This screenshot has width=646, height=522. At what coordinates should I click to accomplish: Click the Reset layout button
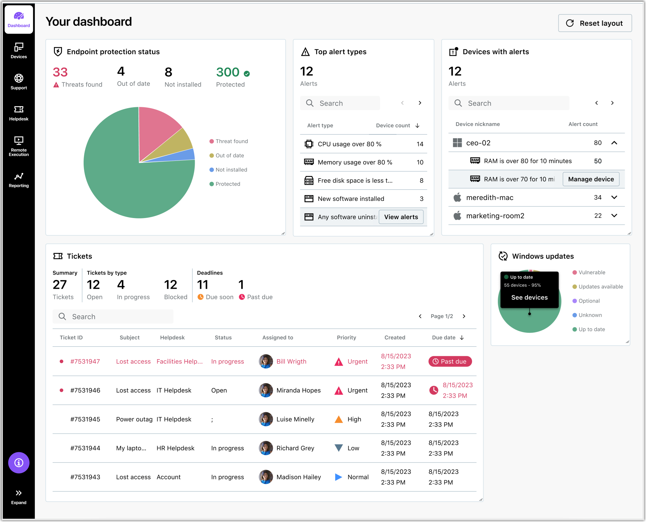click(595, 23)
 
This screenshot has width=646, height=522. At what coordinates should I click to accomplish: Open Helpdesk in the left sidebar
click(19, 113)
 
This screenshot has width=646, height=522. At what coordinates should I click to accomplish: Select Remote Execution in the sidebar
click(19, 146)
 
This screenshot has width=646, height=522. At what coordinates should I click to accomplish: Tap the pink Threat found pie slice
click(158, 129)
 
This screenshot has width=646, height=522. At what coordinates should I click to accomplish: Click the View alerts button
click(401, 217)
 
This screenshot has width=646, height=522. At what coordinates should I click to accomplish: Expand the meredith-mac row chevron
click(614, 197)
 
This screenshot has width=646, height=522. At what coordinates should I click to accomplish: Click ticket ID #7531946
click(85, 390)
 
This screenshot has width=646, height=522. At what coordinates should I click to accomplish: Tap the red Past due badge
click(450, 361)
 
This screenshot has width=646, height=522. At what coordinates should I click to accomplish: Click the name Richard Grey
click(295, 448)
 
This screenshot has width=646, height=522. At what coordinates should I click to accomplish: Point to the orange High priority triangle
click(339, 419)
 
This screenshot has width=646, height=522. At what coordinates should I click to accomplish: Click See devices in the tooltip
click(529, 298)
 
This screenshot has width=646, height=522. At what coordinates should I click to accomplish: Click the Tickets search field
click(113, 317)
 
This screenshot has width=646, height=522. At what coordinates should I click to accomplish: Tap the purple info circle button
click(19, 463)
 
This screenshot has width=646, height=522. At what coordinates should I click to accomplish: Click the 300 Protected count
click(228, 72)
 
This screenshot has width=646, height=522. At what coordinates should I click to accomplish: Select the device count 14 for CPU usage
click(420, 144)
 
